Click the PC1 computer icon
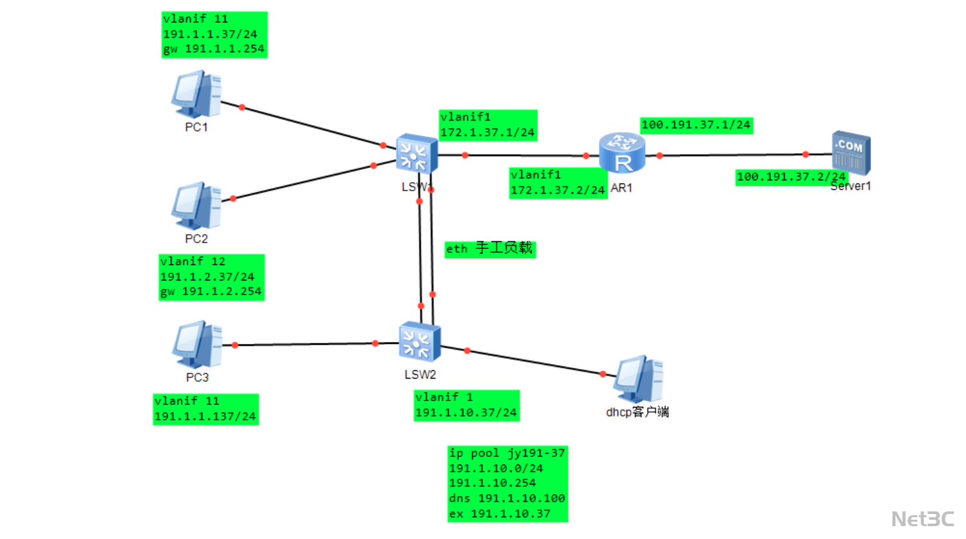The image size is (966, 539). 196,94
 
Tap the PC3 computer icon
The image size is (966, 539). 197,345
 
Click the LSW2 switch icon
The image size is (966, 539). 419,342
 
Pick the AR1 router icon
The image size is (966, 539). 621,153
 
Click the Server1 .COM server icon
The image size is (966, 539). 851,153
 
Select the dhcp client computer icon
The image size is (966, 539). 638,379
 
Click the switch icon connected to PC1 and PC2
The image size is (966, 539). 417,155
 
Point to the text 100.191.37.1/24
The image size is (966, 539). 696,125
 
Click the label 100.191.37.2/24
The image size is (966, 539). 791,176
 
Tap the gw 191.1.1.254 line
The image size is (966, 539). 214,49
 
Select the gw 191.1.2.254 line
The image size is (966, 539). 211,291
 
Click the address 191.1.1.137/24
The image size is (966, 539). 205,416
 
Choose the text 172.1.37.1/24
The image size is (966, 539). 487,132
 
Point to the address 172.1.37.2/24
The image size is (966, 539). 557,190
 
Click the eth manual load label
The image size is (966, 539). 490,249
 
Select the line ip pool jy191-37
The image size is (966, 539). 507,453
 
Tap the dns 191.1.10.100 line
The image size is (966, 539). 507,498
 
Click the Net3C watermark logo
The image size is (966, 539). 922,518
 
